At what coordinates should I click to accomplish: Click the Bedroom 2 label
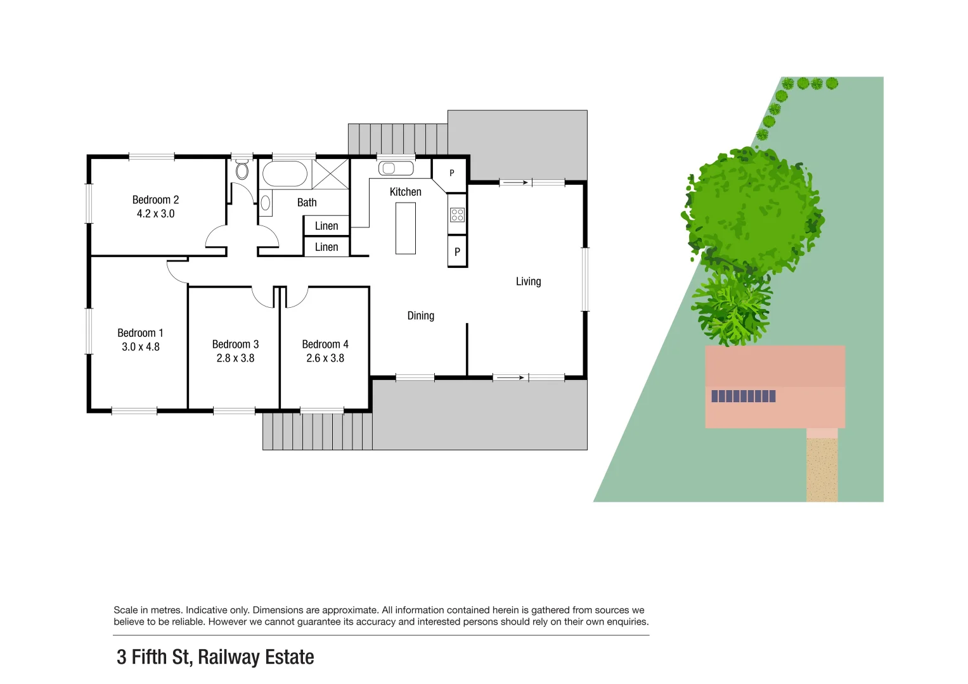click(155, 200)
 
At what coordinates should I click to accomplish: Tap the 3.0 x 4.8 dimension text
click(141, 347)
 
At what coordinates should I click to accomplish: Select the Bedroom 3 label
click(235, 345)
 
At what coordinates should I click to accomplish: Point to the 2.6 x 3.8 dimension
click(325, 358)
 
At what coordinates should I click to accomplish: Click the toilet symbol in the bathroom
click(242, 170)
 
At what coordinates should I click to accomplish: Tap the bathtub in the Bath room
click(285, 174)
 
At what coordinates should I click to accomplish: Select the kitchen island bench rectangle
click(406, 228)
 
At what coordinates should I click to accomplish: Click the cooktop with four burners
click(457, 215)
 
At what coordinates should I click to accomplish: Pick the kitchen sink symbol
click(396, 168)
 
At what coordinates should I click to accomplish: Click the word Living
click(528, 282)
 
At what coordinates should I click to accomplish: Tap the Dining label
click(421, 316)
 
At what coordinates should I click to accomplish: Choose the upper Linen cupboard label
click(326, 226)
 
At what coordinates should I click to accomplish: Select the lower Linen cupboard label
click(326, 247)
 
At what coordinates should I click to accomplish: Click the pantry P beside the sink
click(452, 173)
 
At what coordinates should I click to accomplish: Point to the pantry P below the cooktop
click(457, 252)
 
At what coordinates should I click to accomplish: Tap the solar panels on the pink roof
click(744, 396)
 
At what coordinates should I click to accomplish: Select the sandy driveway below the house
click(822, 469)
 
